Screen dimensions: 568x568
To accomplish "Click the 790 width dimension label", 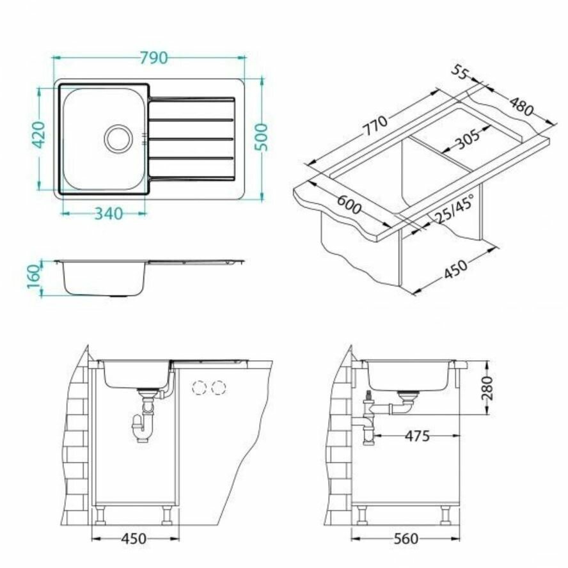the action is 154,58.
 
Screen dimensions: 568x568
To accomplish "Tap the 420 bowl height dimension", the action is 39,135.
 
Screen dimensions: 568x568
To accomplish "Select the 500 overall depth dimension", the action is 261,138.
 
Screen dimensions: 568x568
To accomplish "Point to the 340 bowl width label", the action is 109,214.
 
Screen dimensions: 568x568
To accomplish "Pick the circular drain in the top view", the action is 118,139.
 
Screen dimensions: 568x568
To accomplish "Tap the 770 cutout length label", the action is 375,125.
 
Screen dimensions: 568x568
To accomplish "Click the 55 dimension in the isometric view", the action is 460,72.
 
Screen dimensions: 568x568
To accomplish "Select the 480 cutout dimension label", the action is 522,106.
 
